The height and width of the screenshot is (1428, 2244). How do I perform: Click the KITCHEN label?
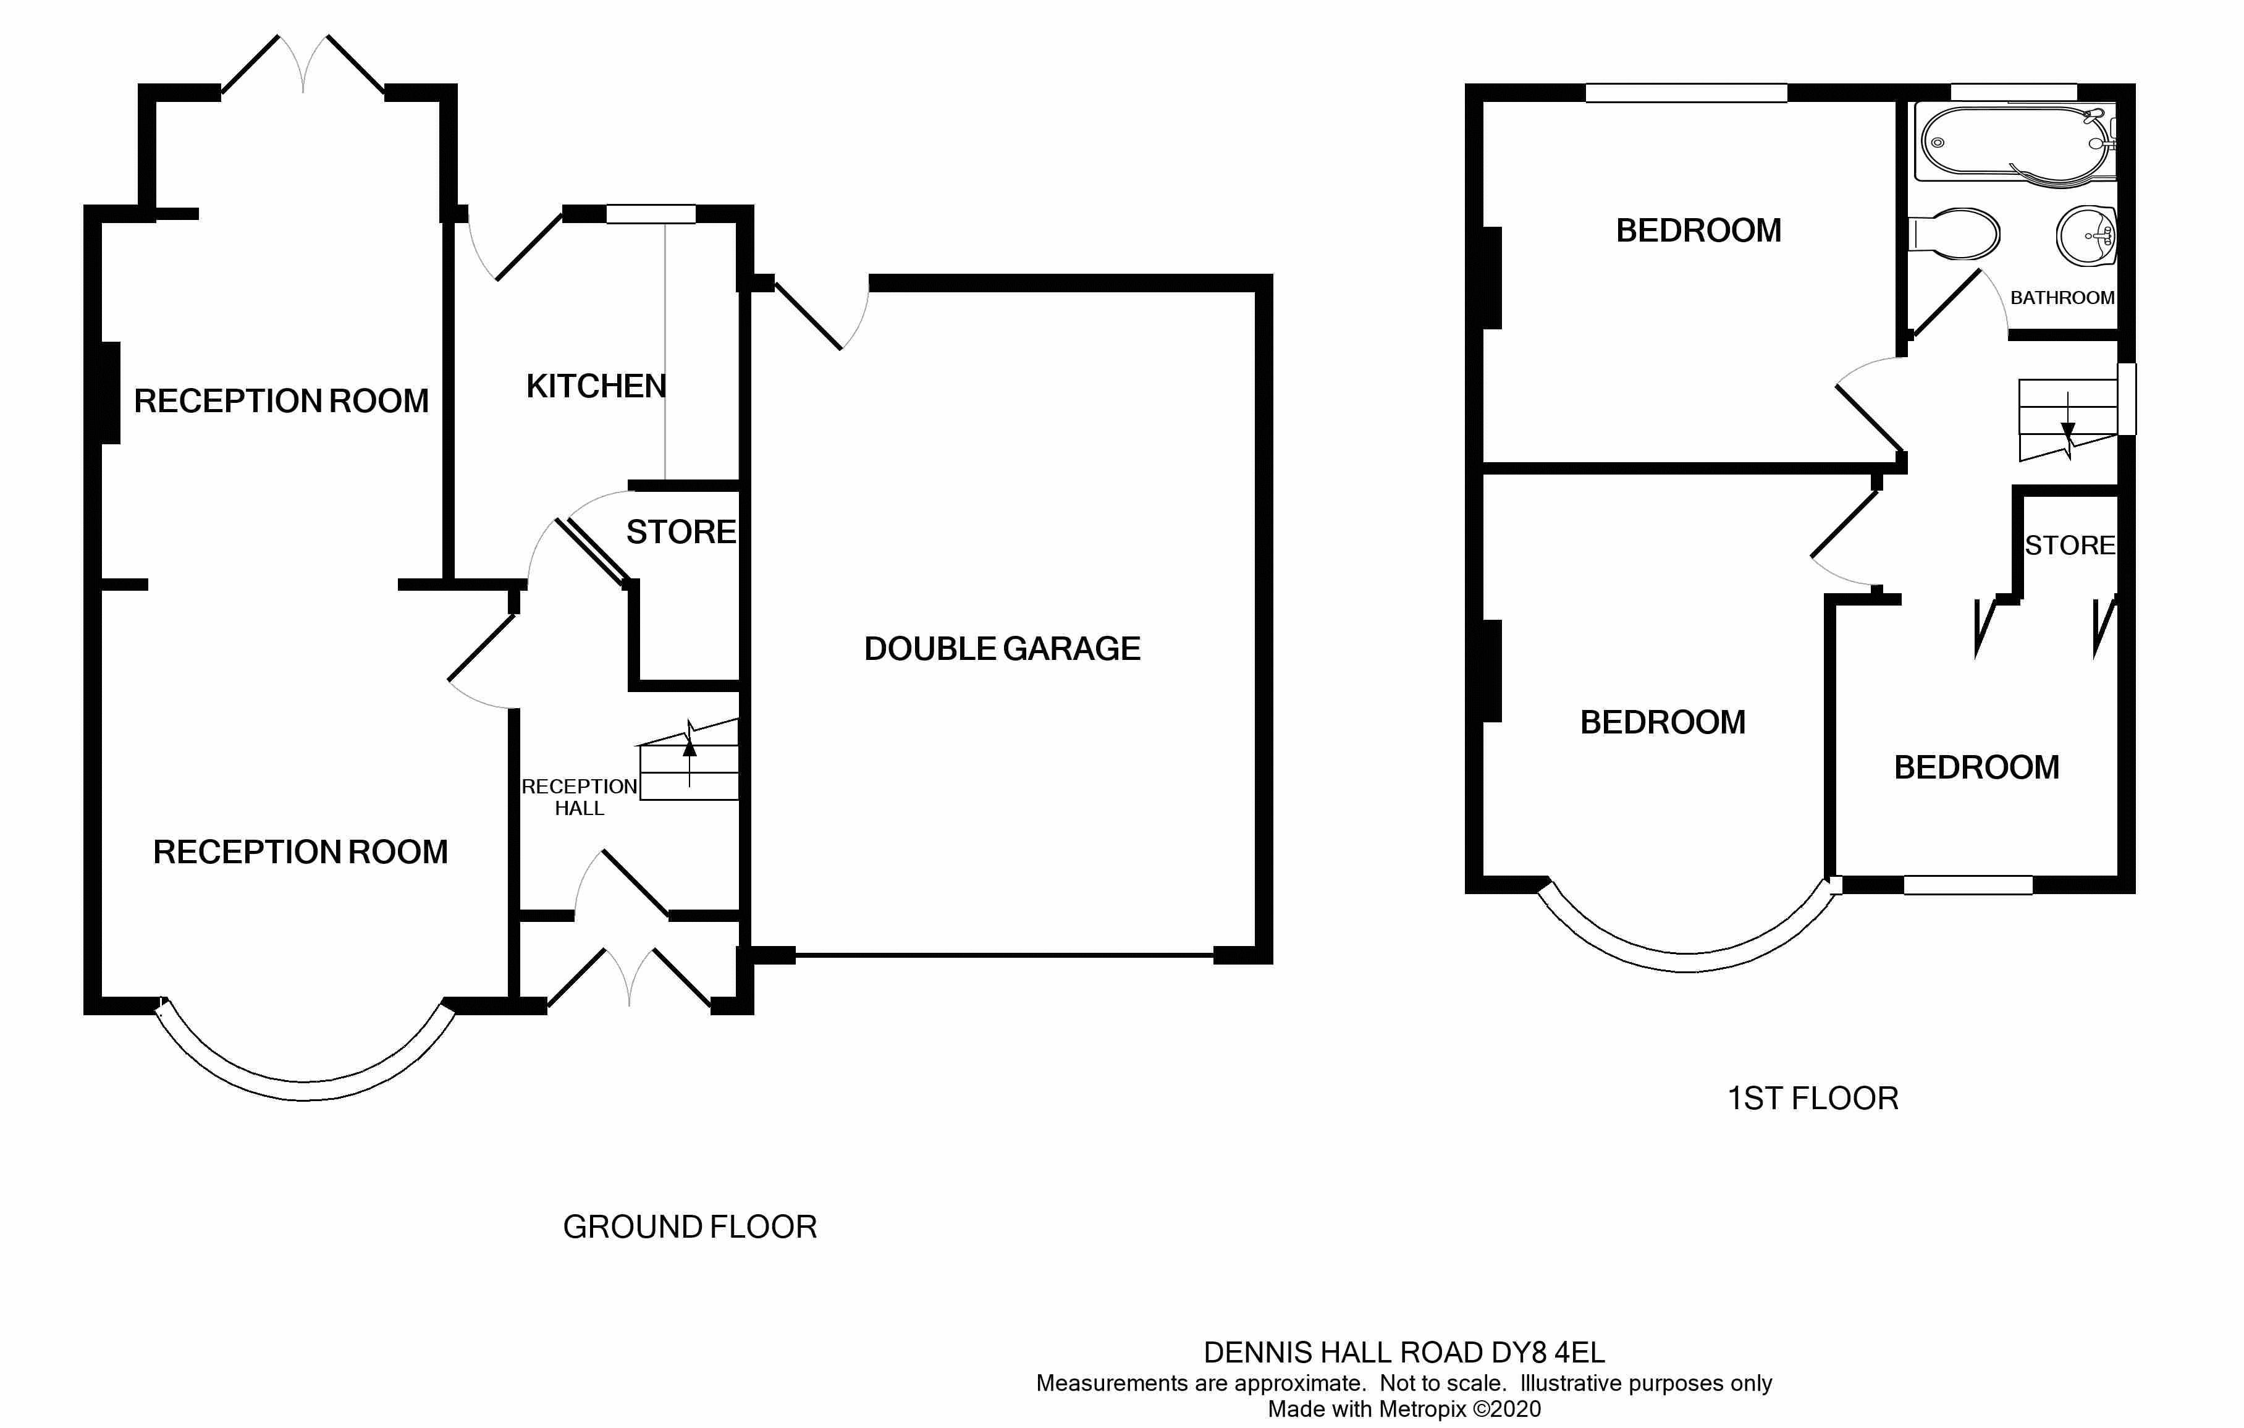coord(596,386)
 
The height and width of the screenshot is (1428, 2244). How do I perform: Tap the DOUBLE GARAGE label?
coord(1002,649)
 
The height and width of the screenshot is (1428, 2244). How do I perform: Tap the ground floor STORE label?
coord(680,532)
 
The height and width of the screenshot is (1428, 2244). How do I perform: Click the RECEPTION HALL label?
coord(579,798)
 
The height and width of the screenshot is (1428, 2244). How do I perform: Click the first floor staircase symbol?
coord(2067,420)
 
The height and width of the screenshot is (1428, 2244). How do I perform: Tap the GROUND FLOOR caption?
coord(690,1227)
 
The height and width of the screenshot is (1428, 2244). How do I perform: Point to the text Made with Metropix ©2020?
coord(1404,1409)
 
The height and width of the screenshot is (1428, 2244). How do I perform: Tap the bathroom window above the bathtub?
coord(2013,91)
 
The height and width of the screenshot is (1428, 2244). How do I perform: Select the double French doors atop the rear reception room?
coord(303,65)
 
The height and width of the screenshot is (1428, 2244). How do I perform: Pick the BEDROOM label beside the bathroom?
coord(1698,230)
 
